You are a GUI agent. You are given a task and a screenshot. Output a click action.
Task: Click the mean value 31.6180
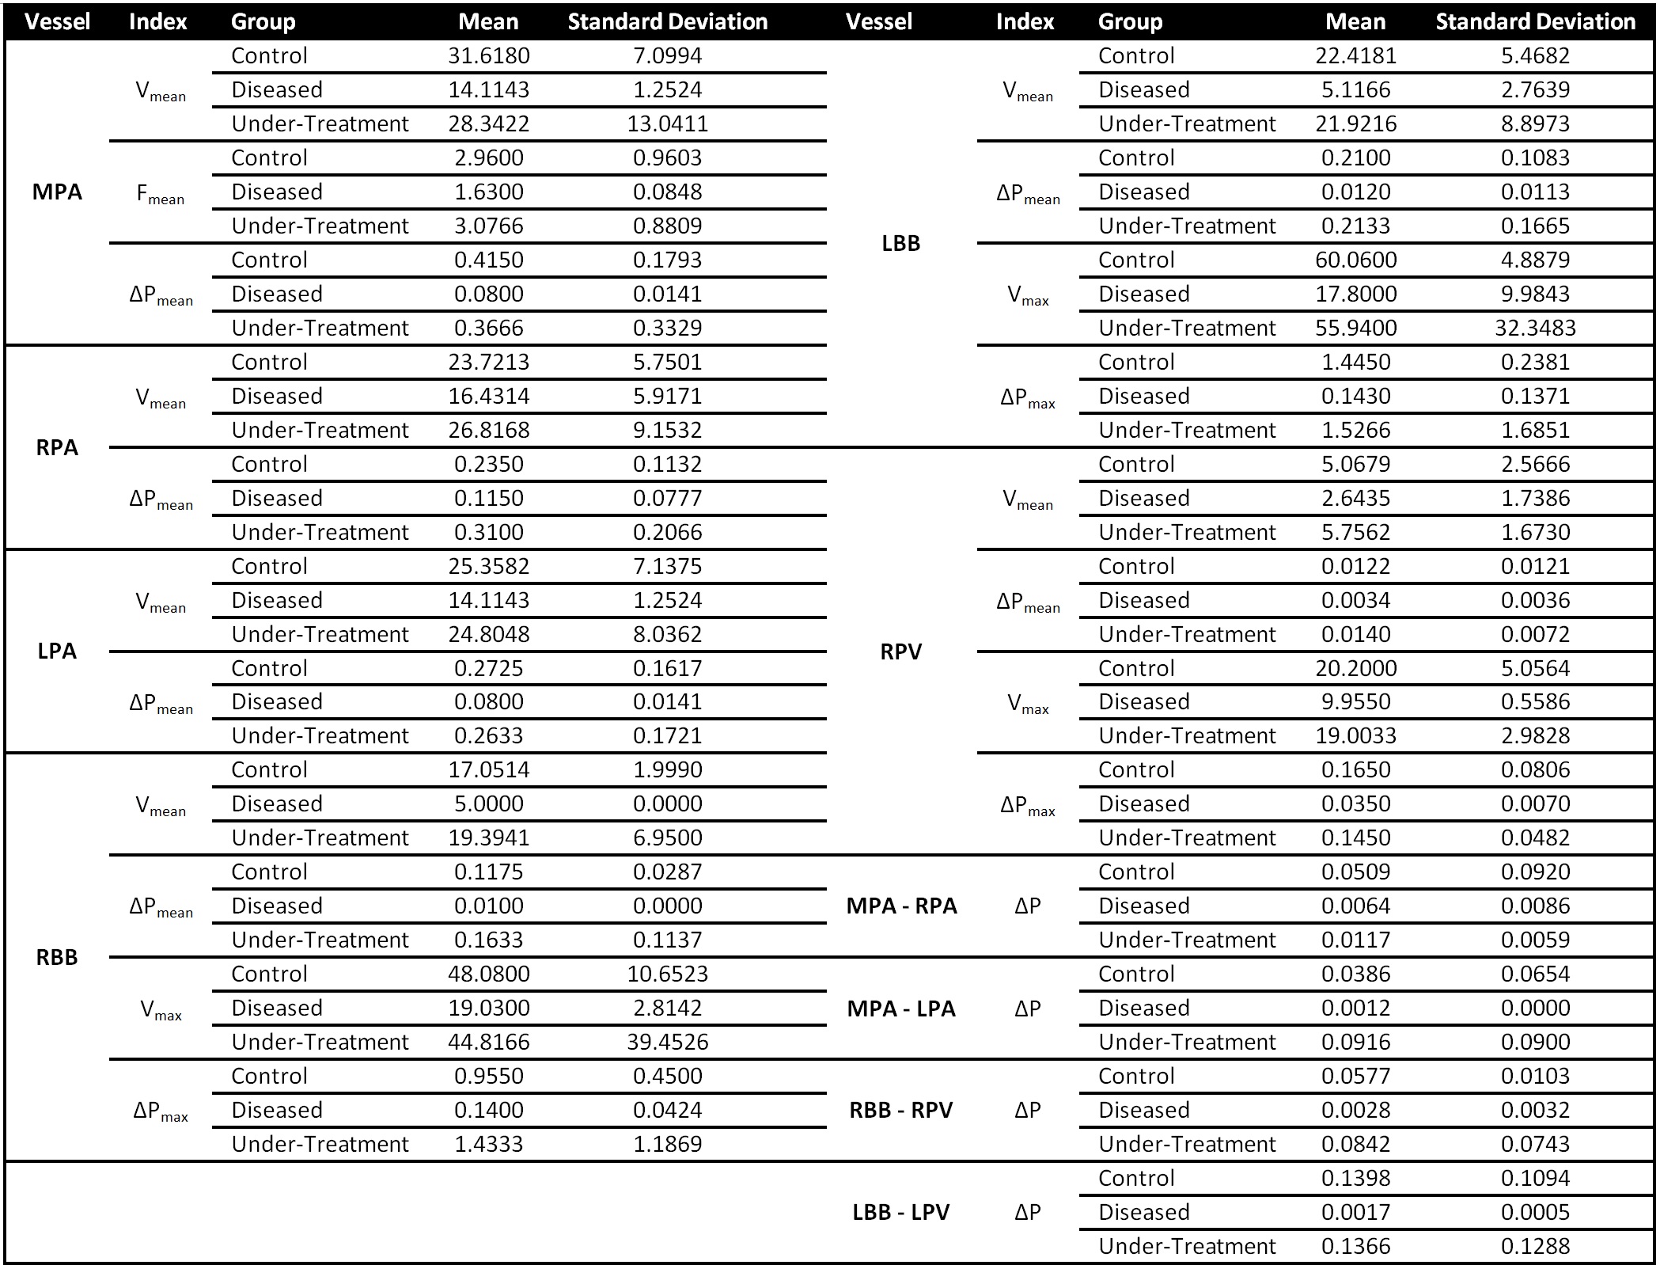click(488, 56)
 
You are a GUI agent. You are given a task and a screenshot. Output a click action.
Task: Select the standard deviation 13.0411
click(667, 124)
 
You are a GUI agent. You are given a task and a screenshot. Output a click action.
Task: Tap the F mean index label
click(160, 193)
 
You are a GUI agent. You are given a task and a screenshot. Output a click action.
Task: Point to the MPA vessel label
click(57, 192)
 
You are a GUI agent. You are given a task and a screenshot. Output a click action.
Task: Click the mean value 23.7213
click(488, 363)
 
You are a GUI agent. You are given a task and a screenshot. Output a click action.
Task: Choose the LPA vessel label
click(57, 651)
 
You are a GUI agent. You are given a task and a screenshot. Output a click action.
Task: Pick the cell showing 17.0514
click(488, 770)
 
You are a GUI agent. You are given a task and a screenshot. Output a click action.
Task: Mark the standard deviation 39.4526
click(667, 1043)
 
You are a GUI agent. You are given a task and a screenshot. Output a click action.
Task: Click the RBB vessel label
click(57, 958)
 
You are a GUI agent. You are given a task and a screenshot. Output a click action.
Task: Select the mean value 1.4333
click(488, 1145)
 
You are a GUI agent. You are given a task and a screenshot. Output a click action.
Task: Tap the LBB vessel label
click(900, 244)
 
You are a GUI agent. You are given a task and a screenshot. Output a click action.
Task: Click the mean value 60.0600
click(1355, 260)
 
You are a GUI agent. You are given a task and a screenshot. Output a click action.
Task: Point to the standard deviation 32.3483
click(1534, 329)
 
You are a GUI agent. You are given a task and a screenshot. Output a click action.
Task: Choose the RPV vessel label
click(900, 652)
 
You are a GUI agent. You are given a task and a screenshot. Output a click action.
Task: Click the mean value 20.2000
click(1355, 669)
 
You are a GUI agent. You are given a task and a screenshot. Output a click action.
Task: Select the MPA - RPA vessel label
click(901, 906)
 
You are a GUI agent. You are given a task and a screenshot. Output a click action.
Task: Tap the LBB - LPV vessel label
click(900, 1213)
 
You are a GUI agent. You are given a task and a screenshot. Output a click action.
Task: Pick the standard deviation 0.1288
click(1534, 1247)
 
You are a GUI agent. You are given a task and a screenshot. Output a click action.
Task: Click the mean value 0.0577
click(1355, 1077)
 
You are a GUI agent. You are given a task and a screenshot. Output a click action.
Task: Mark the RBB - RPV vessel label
click(900, 1111)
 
